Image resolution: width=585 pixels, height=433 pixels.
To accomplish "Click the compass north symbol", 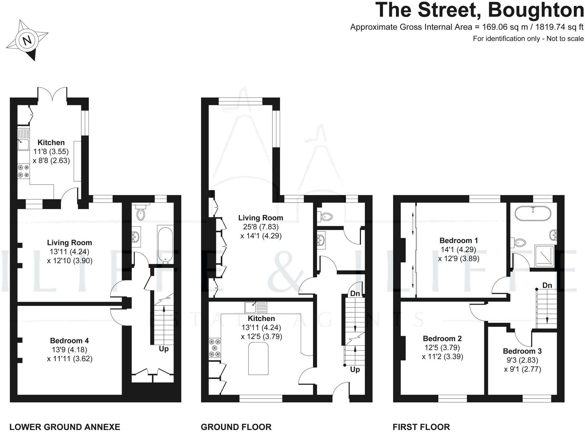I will tap(28, 40).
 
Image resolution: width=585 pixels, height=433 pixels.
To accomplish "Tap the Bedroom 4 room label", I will tap(69, 341).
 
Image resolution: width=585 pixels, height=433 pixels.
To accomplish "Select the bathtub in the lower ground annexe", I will tap(165, 244).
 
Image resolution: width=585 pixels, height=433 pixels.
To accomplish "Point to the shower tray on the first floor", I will tap(544, 255).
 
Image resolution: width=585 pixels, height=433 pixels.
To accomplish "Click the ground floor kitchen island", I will tap(258, 358).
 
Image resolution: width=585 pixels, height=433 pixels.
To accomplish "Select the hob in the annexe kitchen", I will tap(23, 171).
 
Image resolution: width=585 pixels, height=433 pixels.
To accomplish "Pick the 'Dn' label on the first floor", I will tap(547, 285).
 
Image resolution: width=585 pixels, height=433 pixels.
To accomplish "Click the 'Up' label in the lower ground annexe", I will tap(164, 349).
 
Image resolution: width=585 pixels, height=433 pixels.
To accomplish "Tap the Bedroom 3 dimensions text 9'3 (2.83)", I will tap(522, 360).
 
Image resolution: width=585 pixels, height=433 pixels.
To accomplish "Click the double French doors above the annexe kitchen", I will tap(52, 95).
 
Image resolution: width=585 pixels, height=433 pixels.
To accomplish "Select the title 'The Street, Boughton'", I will tap(479, 10).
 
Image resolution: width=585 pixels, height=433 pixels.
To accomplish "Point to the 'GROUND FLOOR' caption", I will tap(236, 427).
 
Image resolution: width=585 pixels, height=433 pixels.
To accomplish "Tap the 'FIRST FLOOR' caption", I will tap(421, 427).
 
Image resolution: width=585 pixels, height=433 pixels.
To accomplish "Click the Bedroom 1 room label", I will tap(458, 240).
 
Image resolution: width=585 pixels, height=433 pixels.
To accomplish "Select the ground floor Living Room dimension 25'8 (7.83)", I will tap(261, 227).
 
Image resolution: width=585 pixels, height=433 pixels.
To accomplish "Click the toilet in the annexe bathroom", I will tap(141, 214).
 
